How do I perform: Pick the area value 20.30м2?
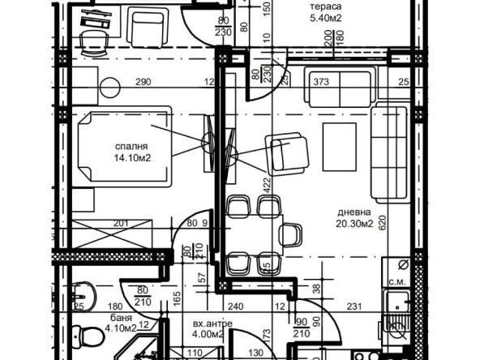(354, 225)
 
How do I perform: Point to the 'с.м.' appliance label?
(398, 281)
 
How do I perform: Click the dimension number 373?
(322, 81)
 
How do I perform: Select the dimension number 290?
(143, 81)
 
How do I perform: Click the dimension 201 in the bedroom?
(121, 225)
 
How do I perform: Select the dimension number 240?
(235, 306)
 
